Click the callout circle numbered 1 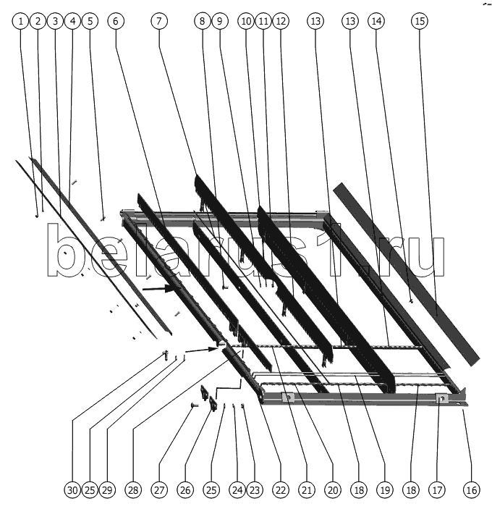pos(21,21)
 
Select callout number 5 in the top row pos(90,21)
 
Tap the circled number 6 pos(116,21)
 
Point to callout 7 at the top pos(159,21)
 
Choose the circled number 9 pos(219,21)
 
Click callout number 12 pos(281,21)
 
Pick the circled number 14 pos(376,21)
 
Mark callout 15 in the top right pos(420,21)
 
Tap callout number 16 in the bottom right pos(472,490)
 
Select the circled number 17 pos(437,490)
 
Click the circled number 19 pos(385,490)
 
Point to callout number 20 pos(333,490)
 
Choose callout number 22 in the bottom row pos(281,490)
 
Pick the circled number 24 pos(237,490)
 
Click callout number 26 pos(185,490)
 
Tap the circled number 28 pos(133,490)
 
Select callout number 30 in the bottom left pos(72,490)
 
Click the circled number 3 pos(55,21)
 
